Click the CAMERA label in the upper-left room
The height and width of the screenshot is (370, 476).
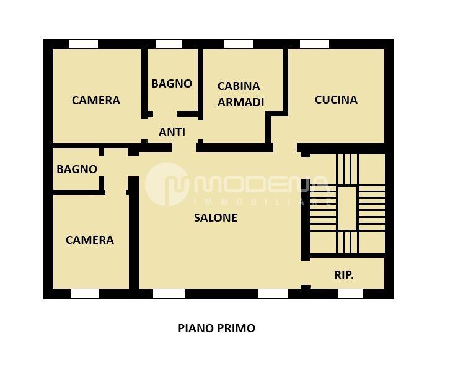95,100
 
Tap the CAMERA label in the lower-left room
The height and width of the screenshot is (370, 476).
90,240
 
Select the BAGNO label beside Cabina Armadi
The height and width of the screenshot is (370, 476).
172,83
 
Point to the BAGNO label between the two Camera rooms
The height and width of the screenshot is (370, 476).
77,169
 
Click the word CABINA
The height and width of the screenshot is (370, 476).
239,86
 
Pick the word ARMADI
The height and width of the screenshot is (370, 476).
240,102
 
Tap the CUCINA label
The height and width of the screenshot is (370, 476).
336,99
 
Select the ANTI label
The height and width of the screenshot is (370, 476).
172,132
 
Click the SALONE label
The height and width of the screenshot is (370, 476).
216,218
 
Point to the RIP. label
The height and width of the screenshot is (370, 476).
344,275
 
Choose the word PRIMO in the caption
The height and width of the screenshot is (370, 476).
236,328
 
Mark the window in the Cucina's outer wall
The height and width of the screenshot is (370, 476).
314,44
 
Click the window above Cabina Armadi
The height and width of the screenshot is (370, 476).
238,44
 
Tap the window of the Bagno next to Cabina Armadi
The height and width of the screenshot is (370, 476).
169,44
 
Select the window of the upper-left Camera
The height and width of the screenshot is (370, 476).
83,44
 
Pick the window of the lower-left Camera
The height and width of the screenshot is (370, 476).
85,294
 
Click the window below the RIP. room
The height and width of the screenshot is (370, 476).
351,294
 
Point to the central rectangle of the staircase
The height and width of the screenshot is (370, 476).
347,208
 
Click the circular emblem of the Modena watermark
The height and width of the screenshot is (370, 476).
167,184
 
